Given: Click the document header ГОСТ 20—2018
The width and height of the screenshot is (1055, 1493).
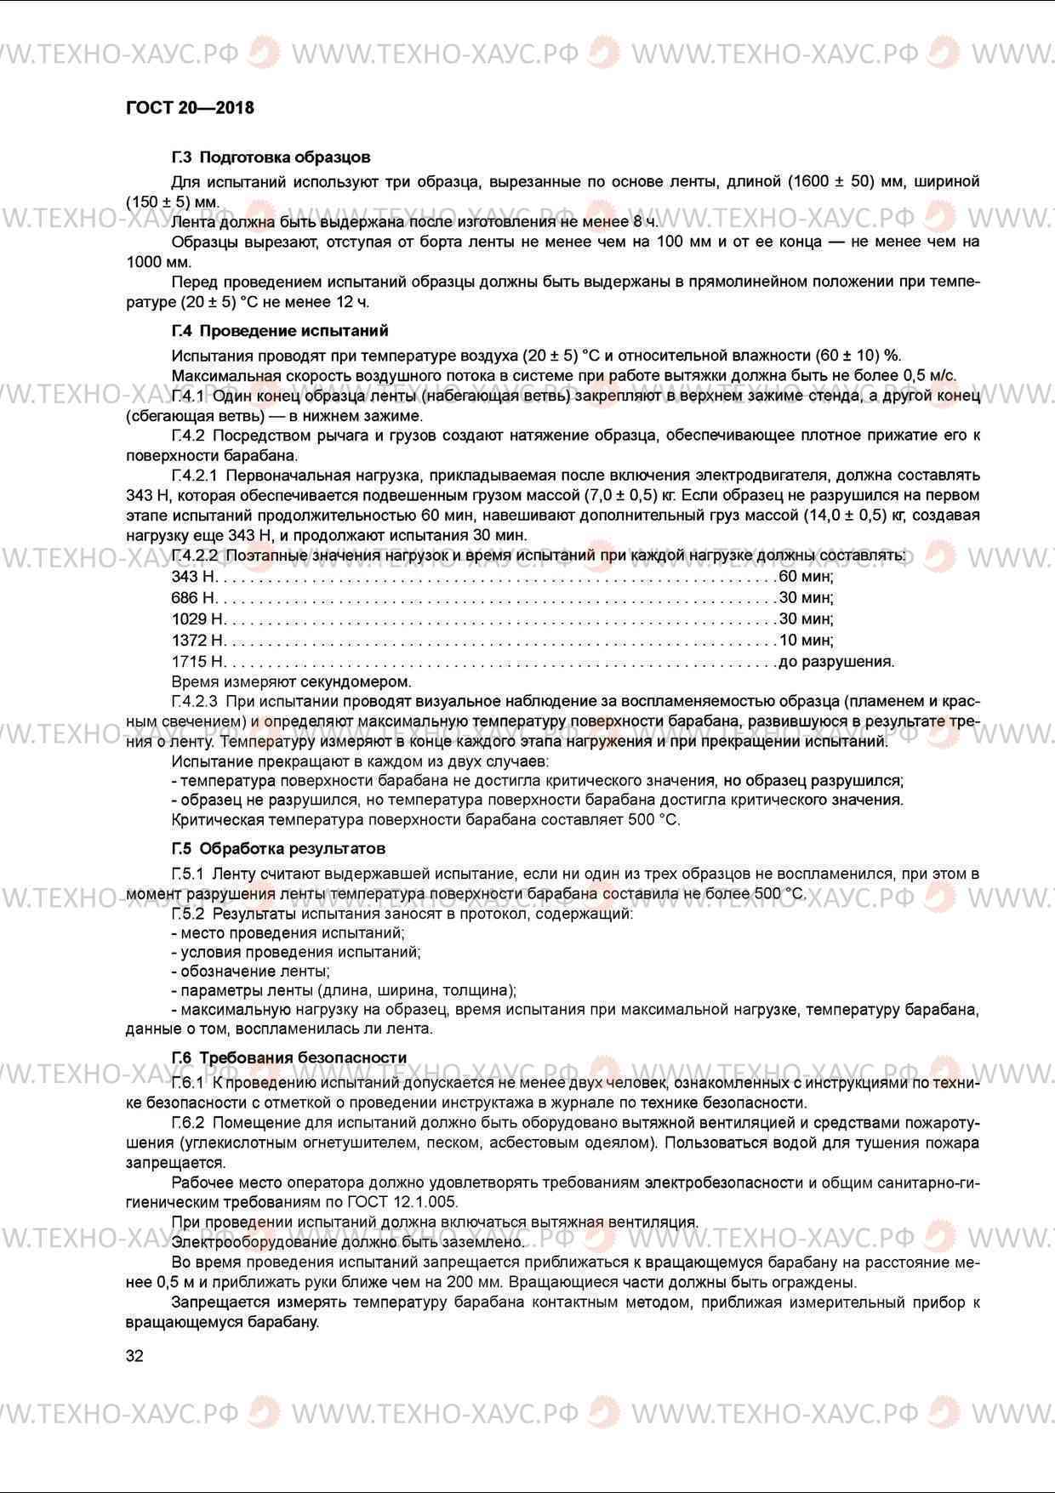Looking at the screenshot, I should coord(190,108).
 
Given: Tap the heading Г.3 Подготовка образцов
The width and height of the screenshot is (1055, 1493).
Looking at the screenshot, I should coord(271,157).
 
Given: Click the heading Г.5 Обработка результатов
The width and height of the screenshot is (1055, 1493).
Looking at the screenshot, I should coord(278,849).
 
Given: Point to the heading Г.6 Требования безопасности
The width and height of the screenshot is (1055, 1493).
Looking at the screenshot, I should coord(289,1057).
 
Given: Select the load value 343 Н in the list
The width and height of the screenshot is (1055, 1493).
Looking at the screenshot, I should coord(193,577).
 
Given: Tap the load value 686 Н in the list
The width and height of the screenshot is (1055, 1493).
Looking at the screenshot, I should coord(193,598).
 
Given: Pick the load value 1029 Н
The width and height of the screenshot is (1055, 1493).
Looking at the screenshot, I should coord(197,619).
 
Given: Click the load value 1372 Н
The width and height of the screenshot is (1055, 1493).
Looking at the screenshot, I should coord(197,641).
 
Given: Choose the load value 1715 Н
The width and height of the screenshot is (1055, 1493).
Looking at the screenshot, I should coord(197,662).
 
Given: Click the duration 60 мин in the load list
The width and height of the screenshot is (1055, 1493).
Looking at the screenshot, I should coord(806,577).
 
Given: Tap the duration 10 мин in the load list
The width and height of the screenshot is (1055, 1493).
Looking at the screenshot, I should coord(806,641).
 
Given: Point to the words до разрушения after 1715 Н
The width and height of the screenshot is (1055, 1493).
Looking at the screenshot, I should coord(835,662).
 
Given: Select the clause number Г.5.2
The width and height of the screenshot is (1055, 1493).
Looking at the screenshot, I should coord(188,915).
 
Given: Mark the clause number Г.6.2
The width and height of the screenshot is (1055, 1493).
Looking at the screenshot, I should coord(188,1124).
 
